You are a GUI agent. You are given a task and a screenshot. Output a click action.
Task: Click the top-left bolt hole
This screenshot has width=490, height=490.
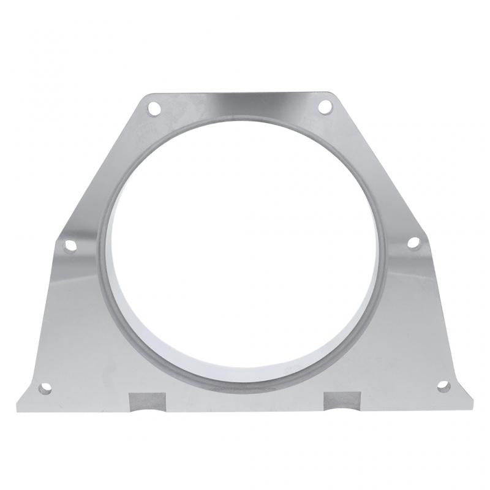154,111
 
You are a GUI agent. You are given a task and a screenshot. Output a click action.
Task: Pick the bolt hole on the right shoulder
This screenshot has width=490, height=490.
413,243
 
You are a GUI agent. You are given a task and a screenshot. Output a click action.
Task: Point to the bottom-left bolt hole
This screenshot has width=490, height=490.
45,388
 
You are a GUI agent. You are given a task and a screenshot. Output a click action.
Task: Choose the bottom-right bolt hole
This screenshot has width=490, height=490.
443,386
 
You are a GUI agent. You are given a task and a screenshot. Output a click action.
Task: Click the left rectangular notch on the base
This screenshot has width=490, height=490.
147,401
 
